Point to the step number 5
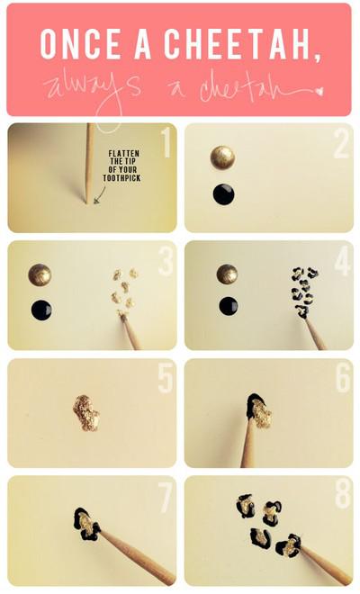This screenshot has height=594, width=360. click(x=165, y=379)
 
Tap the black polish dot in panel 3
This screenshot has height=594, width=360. click(x=40, y=310)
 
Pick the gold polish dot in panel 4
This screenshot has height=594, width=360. click(x=228, y=274)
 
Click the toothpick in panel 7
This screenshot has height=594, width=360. click(x=135, y=550)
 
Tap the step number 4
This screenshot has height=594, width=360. click(x=341, y=262)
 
